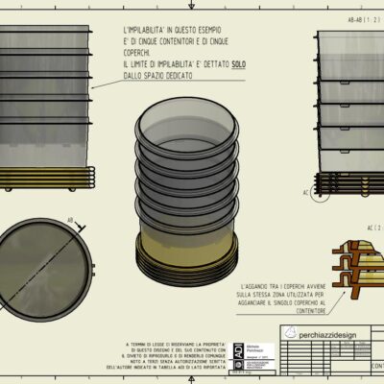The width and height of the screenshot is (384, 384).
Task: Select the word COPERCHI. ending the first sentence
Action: [x=140, y=52]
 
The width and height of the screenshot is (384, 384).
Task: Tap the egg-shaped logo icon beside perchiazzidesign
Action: [x=291, y=331]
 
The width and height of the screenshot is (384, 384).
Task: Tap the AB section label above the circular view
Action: [x=70, y=221]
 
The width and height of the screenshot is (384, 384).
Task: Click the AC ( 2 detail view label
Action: [x=372, y=228]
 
